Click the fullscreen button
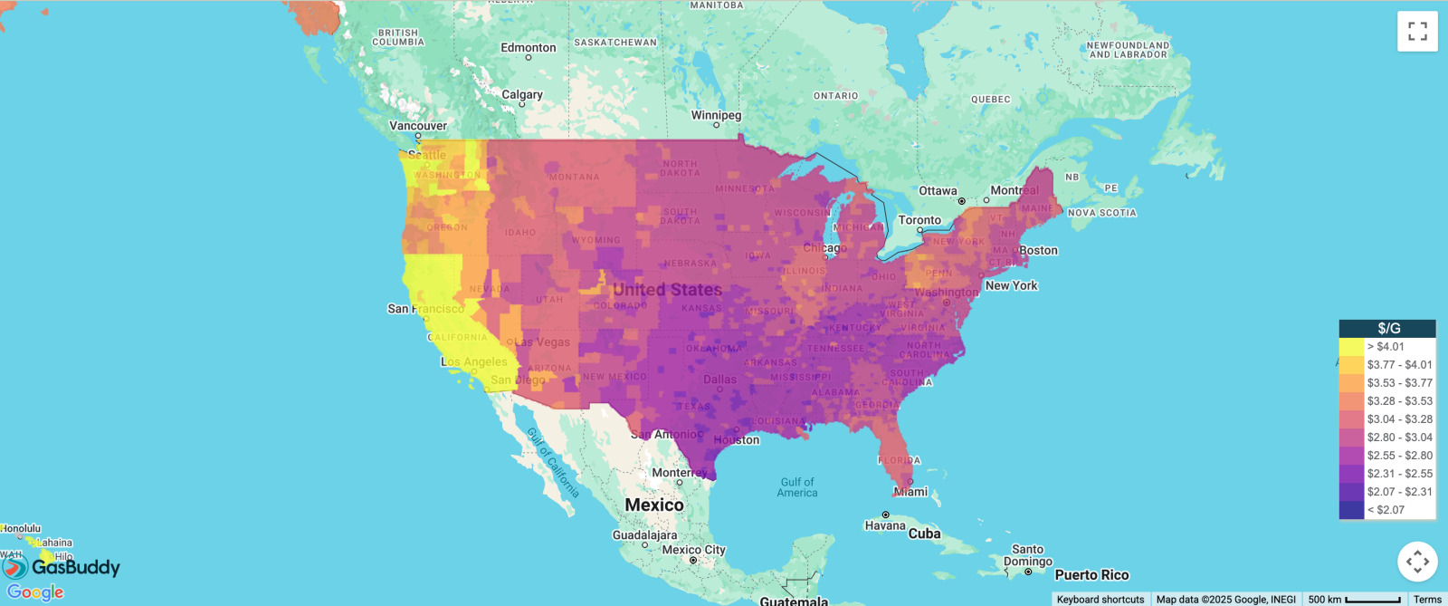(x=1417, y=31)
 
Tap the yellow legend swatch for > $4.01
(x=1351, y=347)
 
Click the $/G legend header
(x=1387, y=328)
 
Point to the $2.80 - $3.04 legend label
(x=1399, y=438)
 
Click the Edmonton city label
(x=529, y=48)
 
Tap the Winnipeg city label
(x=716, y=115)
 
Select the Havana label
(x=884, y=525)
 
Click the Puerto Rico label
(x=1091, y=575)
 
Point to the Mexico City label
(x=693, y=550)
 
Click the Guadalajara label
(x=644, y=535)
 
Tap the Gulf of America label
(x=796, y=487)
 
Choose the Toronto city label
(x=919, y=220)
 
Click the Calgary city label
(x=522, y=94)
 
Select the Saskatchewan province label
(x=615, y=43)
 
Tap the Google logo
(x=35, y=592)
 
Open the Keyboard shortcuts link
(x=1100, y=600)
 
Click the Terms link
(x=1427, y=600)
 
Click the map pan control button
(x=1417, y=562)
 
